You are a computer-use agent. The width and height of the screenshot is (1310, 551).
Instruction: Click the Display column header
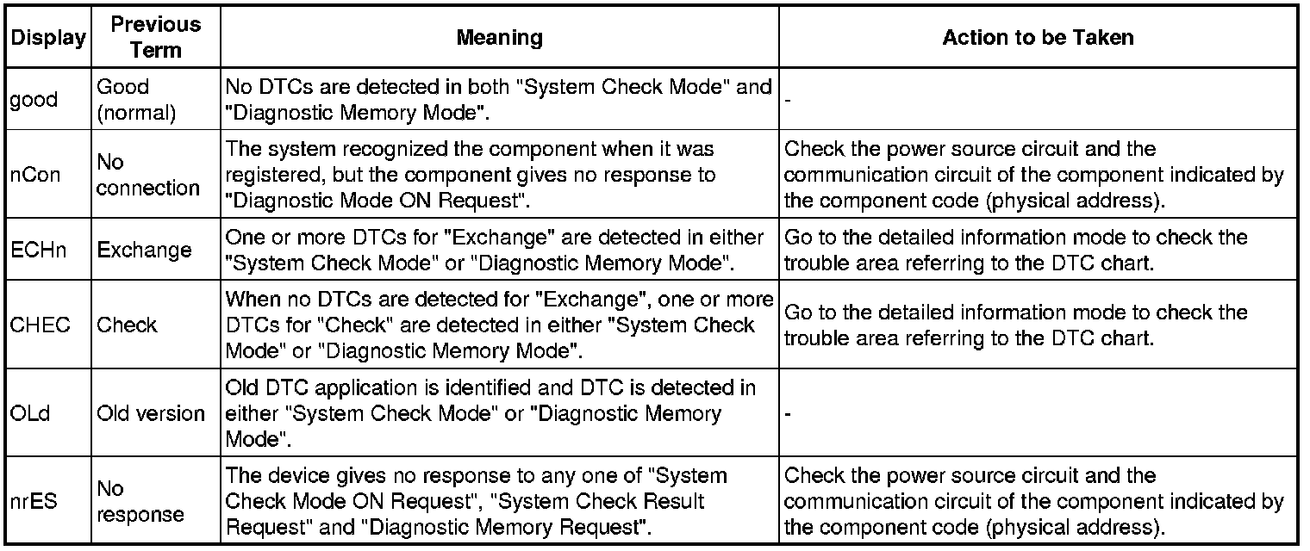point(48,38)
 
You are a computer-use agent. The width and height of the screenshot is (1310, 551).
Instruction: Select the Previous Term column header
point(155,38)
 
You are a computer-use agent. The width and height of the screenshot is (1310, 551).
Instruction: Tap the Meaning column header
point(499,38)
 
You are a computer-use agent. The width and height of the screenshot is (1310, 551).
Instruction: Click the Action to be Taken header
point(1038,38)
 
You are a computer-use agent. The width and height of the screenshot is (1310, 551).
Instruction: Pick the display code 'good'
point(34,100)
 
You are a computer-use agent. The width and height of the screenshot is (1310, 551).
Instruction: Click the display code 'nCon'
point(34,176)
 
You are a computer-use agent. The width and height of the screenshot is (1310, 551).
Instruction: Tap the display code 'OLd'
point(30,413)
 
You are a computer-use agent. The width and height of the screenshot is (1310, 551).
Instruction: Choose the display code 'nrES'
point(34,501)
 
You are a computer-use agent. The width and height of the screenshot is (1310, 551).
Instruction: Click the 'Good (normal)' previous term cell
point(136,100)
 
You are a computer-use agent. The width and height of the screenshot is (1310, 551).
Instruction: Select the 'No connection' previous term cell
point(148,176)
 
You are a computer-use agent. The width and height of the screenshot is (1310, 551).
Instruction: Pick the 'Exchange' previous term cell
point(144,251)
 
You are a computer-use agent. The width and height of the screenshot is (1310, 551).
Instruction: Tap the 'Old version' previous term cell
point(151,413)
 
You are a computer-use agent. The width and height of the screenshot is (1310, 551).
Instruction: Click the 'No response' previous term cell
point(140,501)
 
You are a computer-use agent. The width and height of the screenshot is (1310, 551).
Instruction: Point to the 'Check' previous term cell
point(127,325)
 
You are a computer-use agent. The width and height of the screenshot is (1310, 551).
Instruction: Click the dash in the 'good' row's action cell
point(789,101)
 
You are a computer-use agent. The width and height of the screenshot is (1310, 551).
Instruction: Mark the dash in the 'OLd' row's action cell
point(789,414)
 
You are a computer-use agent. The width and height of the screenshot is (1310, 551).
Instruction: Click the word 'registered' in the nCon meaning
point(267,176)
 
